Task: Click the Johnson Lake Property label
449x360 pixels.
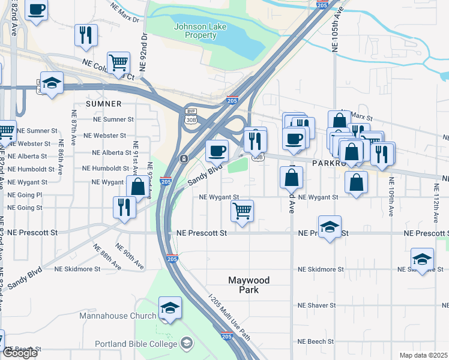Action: pyautogui.click(x=195, y=31)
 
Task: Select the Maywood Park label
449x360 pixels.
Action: pyautogui.click(x=249, y=285)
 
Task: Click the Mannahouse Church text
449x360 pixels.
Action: pyautogui.click(x=118, y=315)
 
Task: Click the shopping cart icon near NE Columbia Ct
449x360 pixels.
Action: pyautogui.click(x=119, y=62)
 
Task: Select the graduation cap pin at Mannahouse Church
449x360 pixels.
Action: pyautogui.click(x=170, y=308)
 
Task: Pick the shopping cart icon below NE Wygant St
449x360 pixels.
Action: pyautogui.click(x=242, y=211)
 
